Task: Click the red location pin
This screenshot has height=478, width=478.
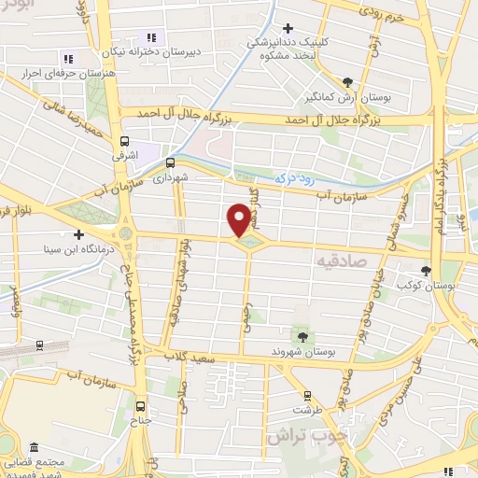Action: click(239, 220)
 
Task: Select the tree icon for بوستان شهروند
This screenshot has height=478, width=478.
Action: click(302, 334)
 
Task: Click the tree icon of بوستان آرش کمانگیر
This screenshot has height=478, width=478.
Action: click(347, 81)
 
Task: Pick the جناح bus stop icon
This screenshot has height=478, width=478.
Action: click(141, 406)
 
